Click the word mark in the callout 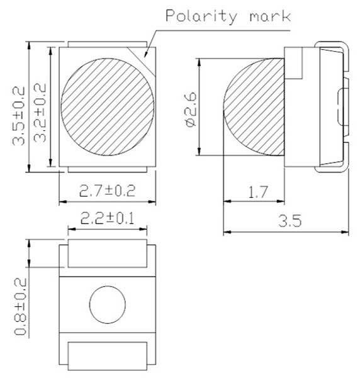click(269, 16)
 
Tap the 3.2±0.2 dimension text click(39, 108)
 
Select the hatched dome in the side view click(255, 107)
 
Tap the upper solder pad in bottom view click(107, 252)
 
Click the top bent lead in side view click(330, 49)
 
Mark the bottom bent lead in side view click(330, 165)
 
